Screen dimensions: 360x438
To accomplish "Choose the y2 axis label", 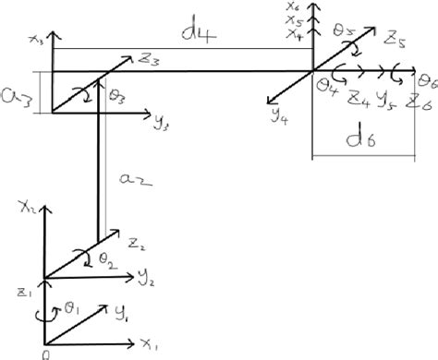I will tap(146, 275).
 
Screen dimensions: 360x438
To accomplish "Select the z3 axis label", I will tap(152, 61).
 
